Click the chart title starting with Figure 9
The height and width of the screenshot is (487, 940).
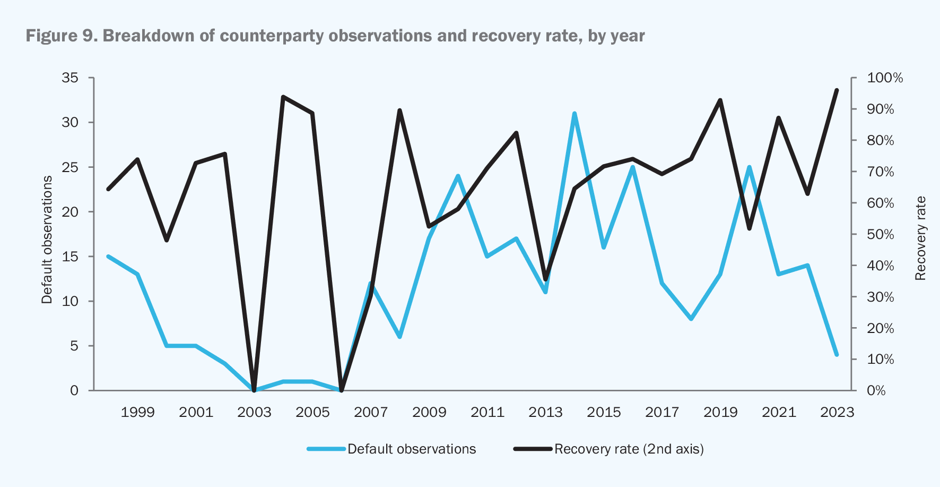(x=335, y=36)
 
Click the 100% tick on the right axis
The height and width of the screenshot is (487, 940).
(x=884, y=78)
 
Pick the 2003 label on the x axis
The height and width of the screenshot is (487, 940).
(x=254, y=413)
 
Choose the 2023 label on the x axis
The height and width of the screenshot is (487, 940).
(x=837, y=413)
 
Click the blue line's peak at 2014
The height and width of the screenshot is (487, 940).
(x=575, y=114)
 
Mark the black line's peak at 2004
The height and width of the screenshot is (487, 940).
(x=283, y=97)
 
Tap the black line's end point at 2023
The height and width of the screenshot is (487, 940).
(x=837, y=90)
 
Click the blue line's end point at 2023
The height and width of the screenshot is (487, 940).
(x=837, y=354)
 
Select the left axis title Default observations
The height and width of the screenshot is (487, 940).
(x=47, y=240)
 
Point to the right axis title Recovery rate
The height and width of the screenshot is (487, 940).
(x=920, y=238)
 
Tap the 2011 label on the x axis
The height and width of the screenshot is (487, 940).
(x=487, y=413)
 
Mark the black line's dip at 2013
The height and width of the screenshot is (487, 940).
(x=545, y=279)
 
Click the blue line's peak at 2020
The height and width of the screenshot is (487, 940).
(x=750, y=167)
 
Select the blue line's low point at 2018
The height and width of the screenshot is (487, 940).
(x=691, y=319)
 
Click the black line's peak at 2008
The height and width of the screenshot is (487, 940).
(x=399, y=110)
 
